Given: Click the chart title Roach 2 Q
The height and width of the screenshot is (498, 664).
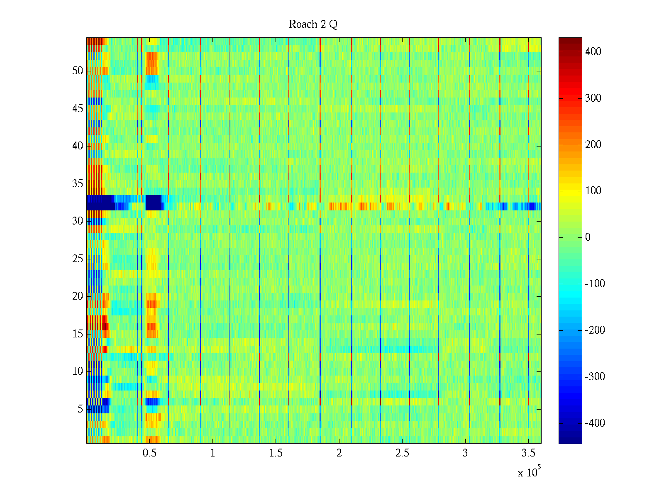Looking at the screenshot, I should tap(313, 24).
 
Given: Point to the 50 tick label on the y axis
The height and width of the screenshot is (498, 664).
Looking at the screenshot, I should tap(78, 71).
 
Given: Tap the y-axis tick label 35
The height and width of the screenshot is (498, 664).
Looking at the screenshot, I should tap(78, 184).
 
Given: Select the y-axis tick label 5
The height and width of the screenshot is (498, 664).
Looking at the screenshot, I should tap(80, 409).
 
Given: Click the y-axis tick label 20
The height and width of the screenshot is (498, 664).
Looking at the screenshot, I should tap(78, 296).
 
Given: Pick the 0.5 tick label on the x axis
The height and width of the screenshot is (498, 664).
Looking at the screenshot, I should tap(149, 453).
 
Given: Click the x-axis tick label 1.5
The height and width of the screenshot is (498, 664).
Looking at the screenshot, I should tap(276, 453).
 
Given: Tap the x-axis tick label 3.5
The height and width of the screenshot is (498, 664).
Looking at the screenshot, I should tap(528, 453).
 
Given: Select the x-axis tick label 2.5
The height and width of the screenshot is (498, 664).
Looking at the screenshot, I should tap(402, 453).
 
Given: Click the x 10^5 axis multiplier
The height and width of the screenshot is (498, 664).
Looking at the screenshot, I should tap(529, 472).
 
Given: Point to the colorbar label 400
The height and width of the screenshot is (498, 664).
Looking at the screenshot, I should tap(593, 52).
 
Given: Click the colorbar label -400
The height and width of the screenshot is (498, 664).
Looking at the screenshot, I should tap(595, 423).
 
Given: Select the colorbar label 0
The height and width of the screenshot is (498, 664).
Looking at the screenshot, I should tap(588, 237).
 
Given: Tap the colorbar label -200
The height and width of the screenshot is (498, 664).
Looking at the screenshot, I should tap(595, 330).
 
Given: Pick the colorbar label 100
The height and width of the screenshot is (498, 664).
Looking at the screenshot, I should tap(593, 191).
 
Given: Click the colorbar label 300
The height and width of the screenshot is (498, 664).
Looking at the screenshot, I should tap(593, 98).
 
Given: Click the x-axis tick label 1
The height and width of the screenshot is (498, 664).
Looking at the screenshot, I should tap(212, 453).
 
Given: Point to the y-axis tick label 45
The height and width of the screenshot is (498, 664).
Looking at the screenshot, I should tap(78, 109).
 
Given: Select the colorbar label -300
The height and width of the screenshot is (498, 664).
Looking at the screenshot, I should tap(595, 377).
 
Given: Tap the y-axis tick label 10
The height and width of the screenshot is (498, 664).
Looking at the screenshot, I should tap(78, 371).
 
